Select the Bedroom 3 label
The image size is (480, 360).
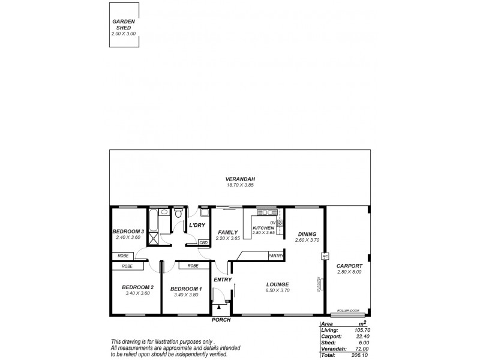tap(127, 232)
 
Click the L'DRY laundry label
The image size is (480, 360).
tap(197, 226)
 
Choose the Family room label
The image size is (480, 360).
tap(228, 232)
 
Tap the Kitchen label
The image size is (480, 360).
tap(263, 228)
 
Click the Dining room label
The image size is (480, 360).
tap(307, 234)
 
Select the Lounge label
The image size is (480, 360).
tap(277, 284)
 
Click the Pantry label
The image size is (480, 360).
tap(275, 255)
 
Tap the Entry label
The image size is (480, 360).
tap(223, 280)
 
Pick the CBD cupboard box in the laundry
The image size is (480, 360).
tap(203, 242)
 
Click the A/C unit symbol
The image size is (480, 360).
tap(325, 256)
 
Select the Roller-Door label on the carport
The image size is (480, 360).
tap(349, 310)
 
